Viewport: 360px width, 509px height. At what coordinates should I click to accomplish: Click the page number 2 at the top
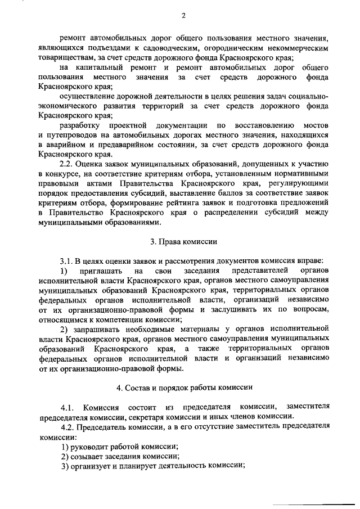click(x=183, y=16)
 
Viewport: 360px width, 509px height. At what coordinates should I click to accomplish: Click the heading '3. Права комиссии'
click(x=183, y=241)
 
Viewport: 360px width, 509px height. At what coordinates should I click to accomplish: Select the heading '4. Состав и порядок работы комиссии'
click(x=183, y=388)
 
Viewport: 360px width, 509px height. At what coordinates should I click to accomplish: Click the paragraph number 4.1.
click(x=68, y=407)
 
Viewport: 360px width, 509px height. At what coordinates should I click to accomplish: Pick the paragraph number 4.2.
click(x=69, y=426)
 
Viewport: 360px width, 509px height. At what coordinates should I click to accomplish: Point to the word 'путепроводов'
click(x=70, y=136)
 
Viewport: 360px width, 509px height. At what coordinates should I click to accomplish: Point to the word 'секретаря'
click(x=150, y=416)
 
